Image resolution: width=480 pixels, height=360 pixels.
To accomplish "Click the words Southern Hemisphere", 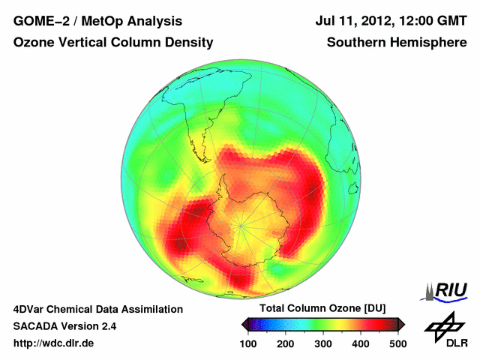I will point(397,43).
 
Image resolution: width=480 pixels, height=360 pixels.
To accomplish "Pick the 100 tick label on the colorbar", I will point(248,343).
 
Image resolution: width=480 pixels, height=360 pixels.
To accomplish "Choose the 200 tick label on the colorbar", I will point(285,343).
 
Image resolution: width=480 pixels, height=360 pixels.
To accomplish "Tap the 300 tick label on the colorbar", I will point(323,343).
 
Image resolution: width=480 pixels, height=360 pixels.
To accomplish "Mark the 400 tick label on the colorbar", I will point(361,343).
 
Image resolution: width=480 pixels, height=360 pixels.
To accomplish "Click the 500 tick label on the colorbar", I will point(397,343).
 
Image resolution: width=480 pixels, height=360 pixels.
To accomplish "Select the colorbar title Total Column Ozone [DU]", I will point(322,308).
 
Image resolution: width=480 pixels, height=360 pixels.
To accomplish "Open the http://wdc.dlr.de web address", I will point(54,343).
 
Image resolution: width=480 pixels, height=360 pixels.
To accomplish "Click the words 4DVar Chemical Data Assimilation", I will point(97,309).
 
